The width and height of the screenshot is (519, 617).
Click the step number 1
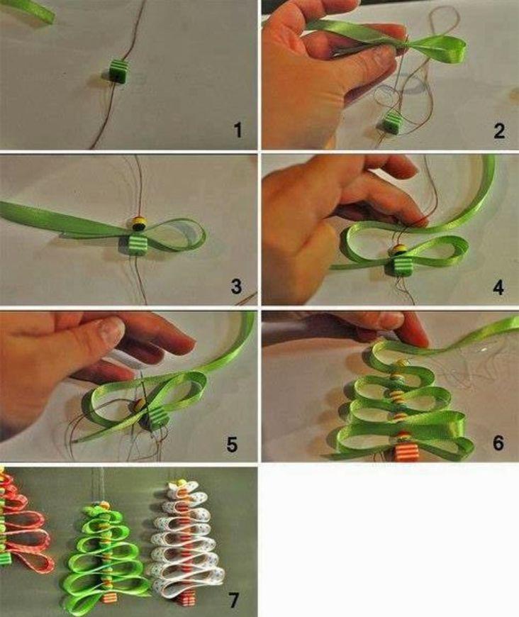pos(238,130)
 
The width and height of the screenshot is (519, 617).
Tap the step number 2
pos(499,130)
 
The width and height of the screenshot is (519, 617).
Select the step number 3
pos(236,286)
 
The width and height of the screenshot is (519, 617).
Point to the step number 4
pos(498,287)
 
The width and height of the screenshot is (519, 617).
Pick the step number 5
pos(232,444)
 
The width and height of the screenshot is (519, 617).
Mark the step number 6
pos(498,443)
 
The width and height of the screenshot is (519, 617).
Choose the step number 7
pos(234,600)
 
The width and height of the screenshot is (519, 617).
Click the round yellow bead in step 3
pos(139,223)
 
